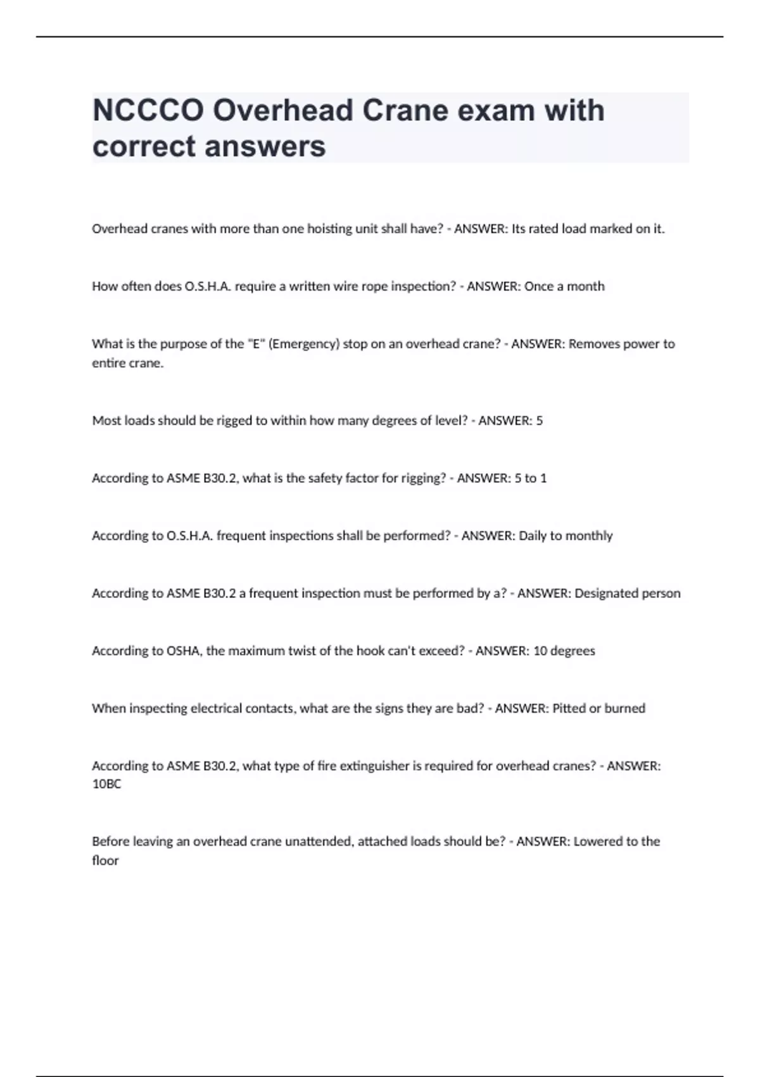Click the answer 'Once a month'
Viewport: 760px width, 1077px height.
tap(564, 286)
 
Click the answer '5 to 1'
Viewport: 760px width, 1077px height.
tap(531, 478)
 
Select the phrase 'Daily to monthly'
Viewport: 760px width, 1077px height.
tap(566, 536)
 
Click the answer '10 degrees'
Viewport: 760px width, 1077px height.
tap(564, 651)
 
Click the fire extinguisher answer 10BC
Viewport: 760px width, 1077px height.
tap(106, 784)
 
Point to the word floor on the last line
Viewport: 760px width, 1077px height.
tap(105, 861)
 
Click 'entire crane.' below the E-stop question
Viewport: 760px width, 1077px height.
tap(127, 364)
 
